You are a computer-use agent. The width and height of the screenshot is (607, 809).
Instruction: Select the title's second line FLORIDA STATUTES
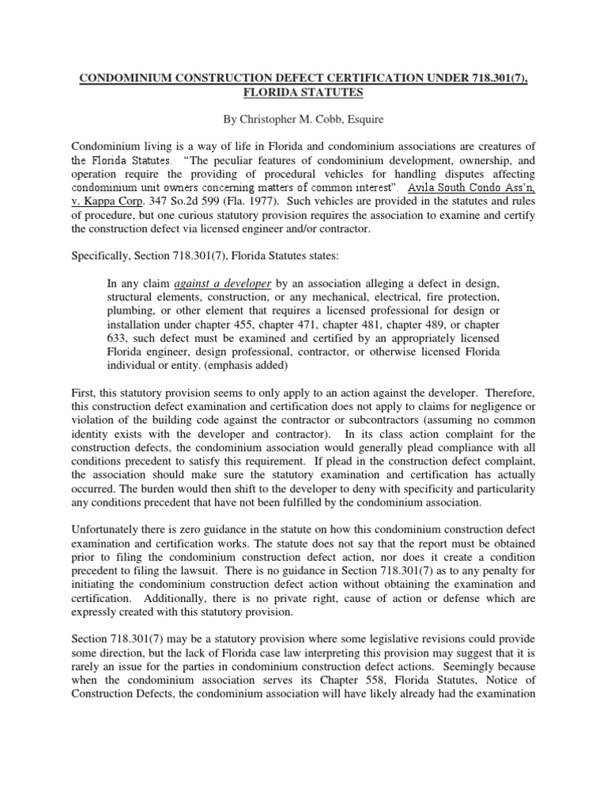[303, 92]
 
